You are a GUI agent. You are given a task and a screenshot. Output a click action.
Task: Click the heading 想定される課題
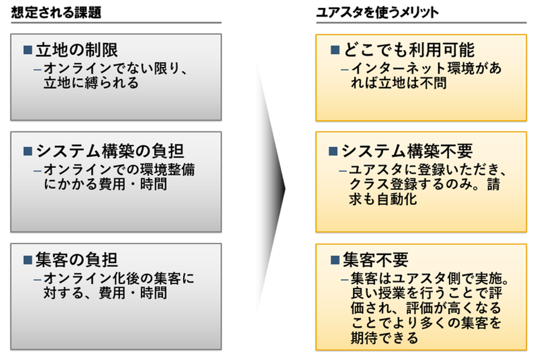coord(56,12)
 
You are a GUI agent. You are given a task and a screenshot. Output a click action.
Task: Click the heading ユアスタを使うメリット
coord(377,12)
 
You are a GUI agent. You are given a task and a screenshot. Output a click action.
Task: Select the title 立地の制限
coord(77,50)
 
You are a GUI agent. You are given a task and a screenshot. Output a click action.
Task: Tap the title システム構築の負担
coord(110,151)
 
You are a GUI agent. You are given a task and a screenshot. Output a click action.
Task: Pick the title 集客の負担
coord(77,260)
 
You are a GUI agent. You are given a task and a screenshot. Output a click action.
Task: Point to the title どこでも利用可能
coord(409,50)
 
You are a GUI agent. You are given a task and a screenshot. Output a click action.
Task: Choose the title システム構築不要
coord(407,151)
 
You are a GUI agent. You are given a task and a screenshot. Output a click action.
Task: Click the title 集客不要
coord(376,260)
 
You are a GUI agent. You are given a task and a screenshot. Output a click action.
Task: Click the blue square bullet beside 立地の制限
coord(28,50)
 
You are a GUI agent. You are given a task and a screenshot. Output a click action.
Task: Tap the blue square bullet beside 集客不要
coord(335,260)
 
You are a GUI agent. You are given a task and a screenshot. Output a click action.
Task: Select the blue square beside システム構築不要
coord(333,151)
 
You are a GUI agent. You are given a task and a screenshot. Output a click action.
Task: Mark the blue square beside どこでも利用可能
coord(335,50)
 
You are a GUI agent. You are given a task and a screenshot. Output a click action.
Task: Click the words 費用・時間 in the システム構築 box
coord(133,184)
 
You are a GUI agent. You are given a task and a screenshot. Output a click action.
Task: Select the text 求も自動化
coord(383,199)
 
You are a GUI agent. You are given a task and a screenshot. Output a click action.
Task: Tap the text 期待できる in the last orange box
coord(384,338)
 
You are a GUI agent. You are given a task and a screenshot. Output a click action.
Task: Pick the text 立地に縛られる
coord(91,83)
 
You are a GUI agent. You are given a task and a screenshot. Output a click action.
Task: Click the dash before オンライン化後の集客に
coord(37,279)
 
